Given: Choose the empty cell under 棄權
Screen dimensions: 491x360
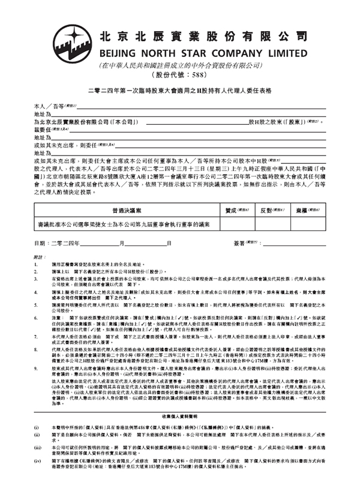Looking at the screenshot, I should tap(308, 224).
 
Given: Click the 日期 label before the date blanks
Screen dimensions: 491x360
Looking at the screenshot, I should tap(40, 242).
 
